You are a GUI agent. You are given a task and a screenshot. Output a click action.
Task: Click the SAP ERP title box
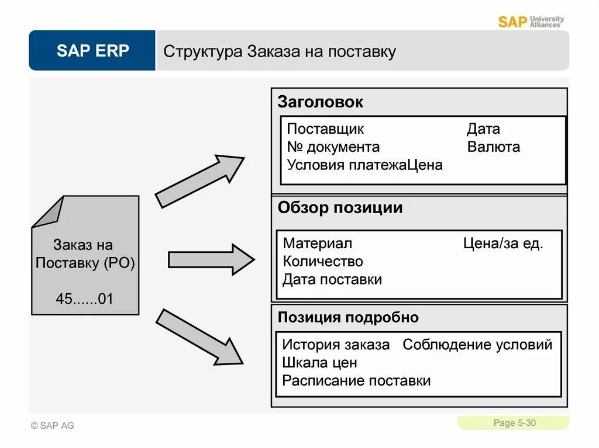coord(92,51)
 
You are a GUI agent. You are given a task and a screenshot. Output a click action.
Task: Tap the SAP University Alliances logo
coord(531,22)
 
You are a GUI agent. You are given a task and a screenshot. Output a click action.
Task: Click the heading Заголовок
coord(320,102)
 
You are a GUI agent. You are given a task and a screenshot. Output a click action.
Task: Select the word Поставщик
coord(325,129)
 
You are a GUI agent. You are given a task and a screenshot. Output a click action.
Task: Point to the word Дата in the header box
coord(483,129)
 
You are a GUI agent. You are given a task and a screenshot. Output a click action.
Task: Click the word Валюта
coord(493,147)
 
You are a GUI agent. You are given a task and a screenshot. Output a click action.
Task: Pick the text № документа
coord(333,147)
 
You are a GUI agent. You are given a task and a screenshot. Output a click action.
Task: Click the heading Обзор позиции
coord(340,208)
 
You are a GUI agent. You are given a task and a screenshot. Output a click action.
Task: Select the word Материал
coord(317,244)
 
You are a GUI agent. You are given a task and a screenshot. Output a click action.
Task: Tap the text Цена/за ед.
coord(502,244)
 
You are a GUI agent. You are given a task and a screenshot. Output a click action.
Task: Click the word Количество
coord(323,261)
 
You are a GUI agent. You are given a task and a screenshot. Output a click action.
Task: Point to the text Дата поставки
coord(332,279)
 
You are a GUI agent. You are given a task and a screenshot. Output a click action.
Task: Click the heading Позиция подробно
coord(348,318)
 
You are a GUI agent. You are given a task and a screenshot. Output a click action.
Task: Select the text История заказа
coord(336,345)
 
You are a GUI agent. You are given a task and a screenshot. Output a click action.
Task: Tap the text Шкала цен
coord(319,363)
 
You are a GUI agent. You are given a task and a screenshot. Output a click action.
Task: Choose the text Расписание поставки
coord(356,381)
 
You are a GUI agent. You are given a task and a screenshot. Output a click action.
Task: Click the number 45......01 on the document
coord(84,298)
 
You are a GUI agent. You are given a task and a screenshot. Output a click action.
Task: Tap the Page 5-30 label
coord(514,423)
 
